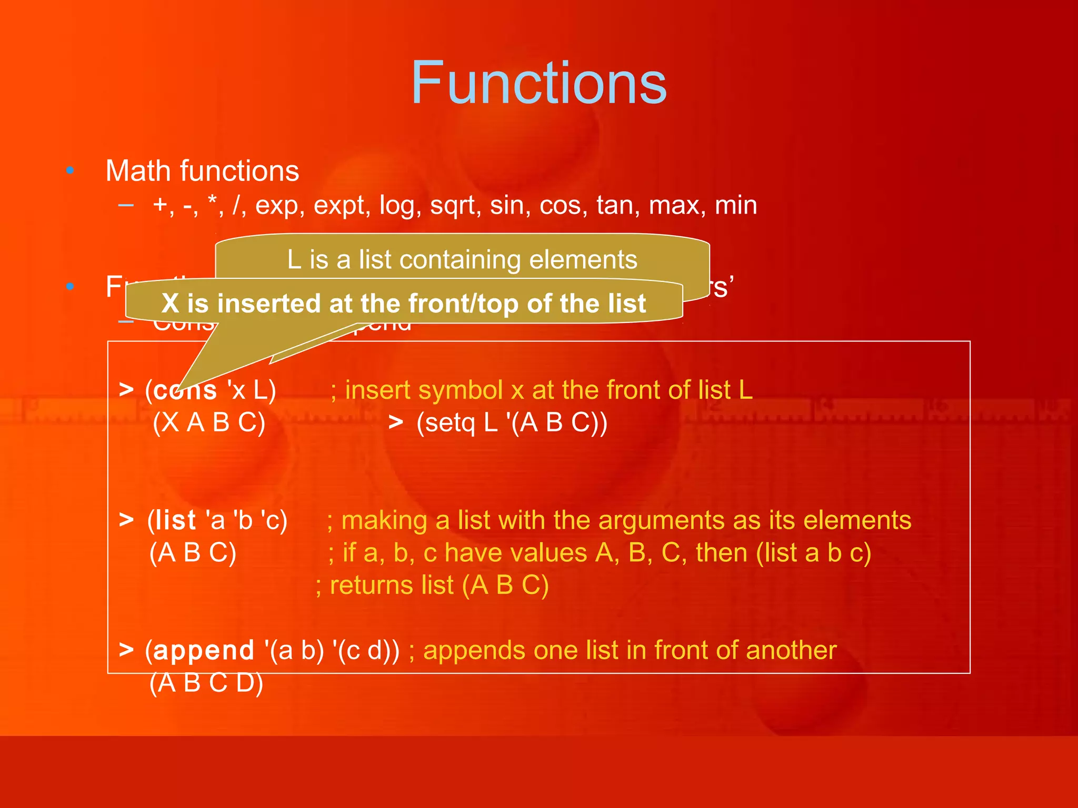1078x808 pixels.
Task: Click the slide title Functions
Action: (538, 83)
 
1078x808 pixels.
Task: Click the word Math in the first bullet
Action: (138, 171)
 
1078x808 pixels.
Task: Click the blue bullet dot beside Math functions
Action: (70, 170)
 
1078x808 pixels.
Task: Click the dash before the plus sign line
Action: (126, 205)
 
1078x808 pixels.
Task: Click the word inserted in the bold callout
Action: (269, 304)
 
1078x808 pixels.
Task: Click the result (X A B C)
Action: (209, 422)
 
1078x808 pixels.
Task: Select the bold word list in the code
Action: (176, 520)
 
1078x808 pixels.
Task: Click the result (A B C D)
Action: (206, 683)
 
